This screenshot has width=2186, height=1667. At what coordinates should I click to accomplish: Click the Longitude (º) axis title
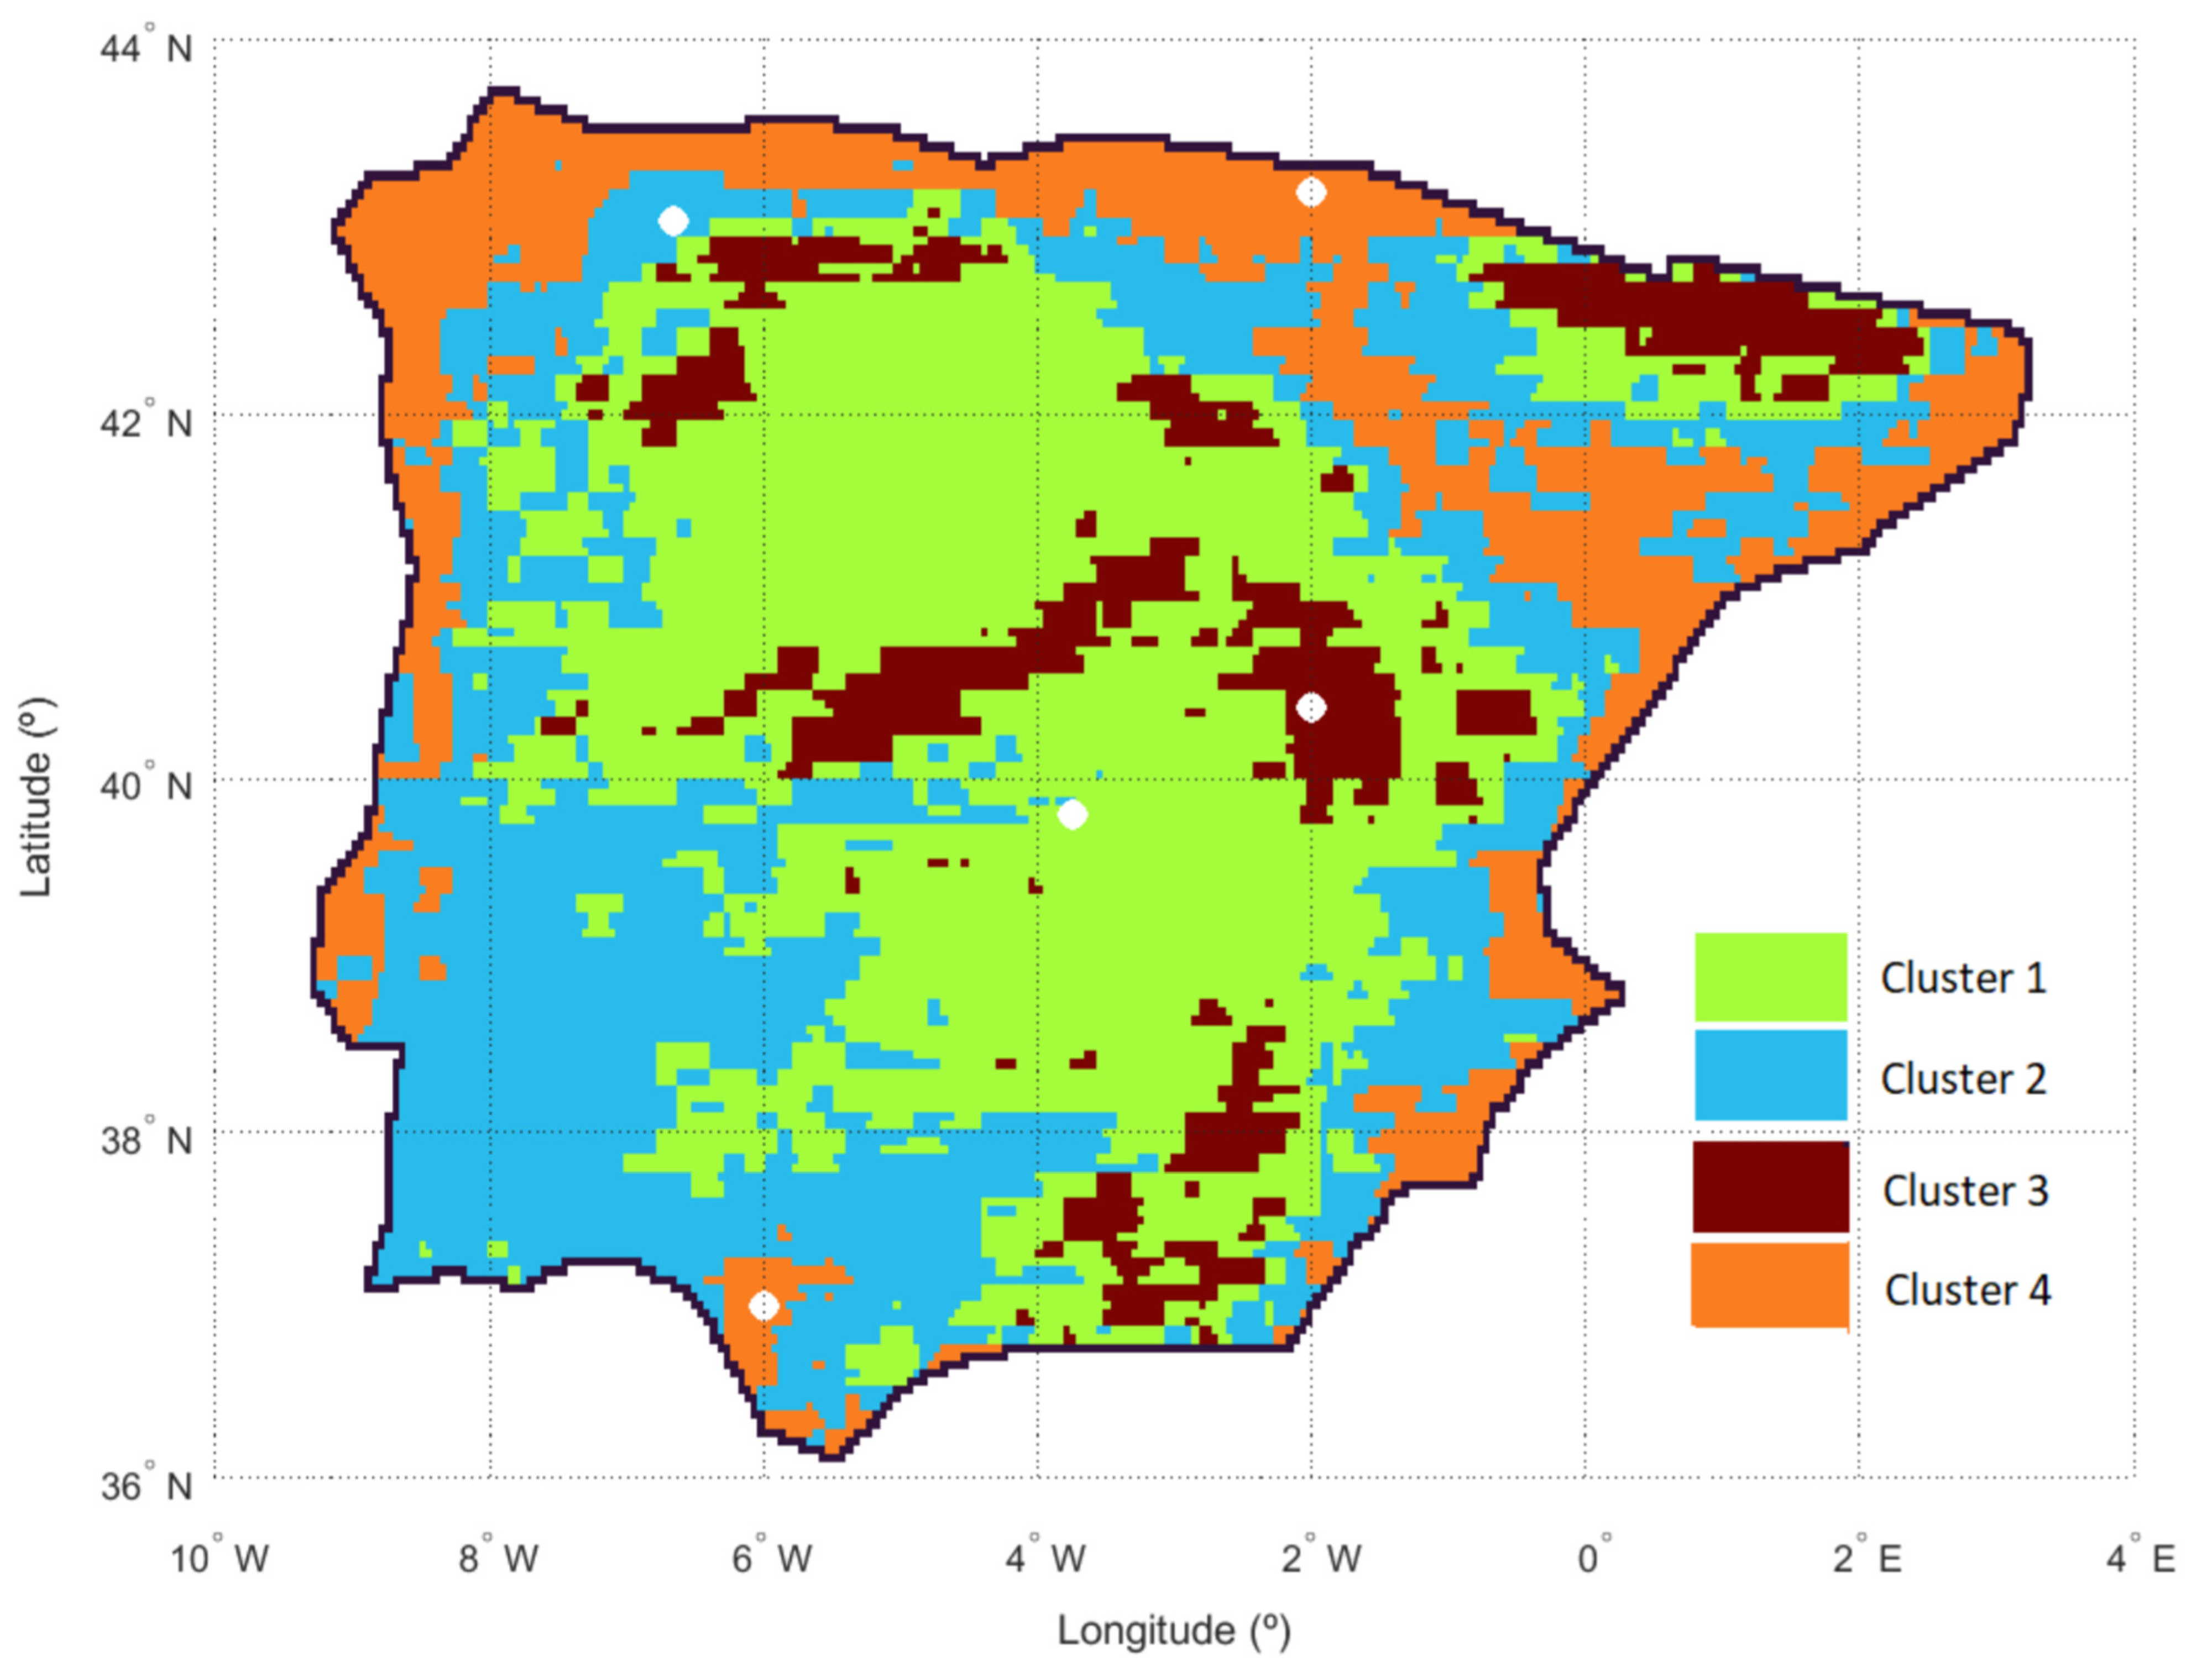click(x=1174, y=1631)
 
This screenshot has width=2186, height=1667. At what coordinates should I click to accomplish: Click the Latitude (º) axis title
click(x=36, y=797)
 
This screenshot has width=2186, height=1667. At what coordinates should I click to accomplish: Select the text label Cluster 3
click(x=1965, y=1189)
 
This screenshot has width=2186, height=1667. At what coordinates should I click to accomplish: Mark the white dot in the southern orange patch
click(x=763, y=1306)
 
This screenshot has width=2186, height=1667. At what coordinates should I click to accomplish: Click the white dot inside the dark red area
click(x=1311, y=707)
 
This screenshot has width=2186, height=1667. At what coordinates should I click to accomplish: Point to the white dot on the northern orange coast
click(x=1311, y=191)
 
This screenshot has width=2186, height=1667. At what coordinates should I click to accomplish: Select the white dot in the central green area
click(x=1071, y=815)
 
